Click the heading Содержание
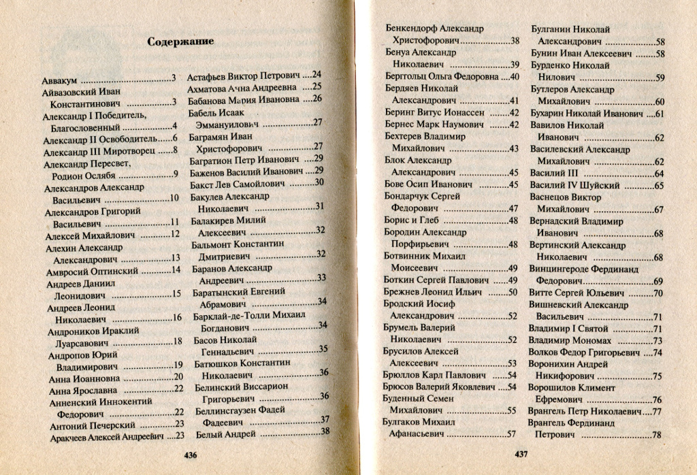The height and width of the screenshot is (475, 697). point(180,42)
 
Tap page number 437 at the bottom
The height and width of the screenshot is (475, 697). point(521,455)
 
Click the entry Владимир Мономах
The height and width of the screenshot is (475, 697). point(570,340)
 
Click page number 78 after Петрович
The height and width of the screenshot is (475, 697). point(657,435)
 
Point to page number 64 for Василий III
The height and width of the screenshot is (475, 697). point(658,174)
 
